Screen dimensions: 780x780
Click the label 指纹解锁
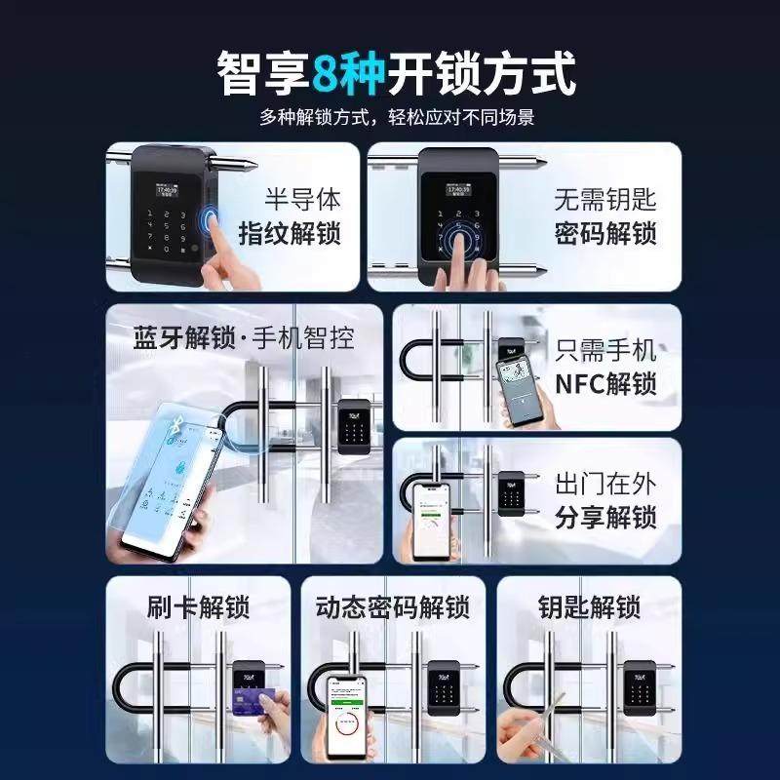click(290, 234)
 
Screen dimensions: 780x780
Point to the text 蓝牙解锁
click(184, 338)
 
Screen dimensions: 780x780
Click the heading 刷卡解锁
click(199, 608)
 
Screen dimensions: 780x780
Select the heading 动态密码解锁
click(393, 608)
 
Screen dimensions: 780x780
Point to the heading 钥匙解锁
click(589, 608)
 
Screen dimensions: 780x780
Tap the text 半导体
click(303, 200)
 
